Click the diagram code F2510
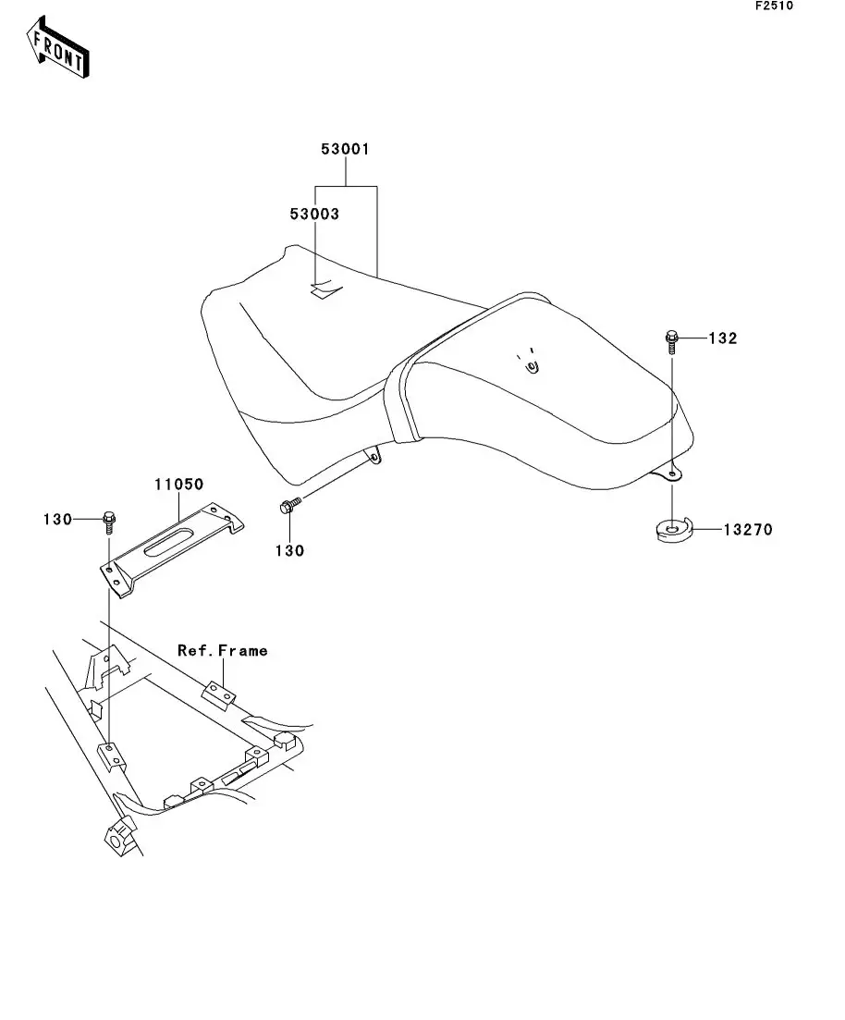[774, 6]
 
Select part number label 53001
[345, 149]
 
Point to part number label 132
[723, 338]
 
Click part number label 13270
[747, 530]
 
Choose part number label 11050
[178, 484]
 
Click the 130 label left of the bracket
[56, 520]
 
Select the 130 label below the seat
[289, 551]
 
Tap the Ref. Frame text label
[223, 650]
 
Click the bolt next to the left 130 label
[108, 522]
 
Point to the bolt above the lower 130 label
[288, 506]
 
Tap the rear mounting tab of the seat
[667, 473]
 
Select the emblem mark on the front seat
[324, 290]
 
